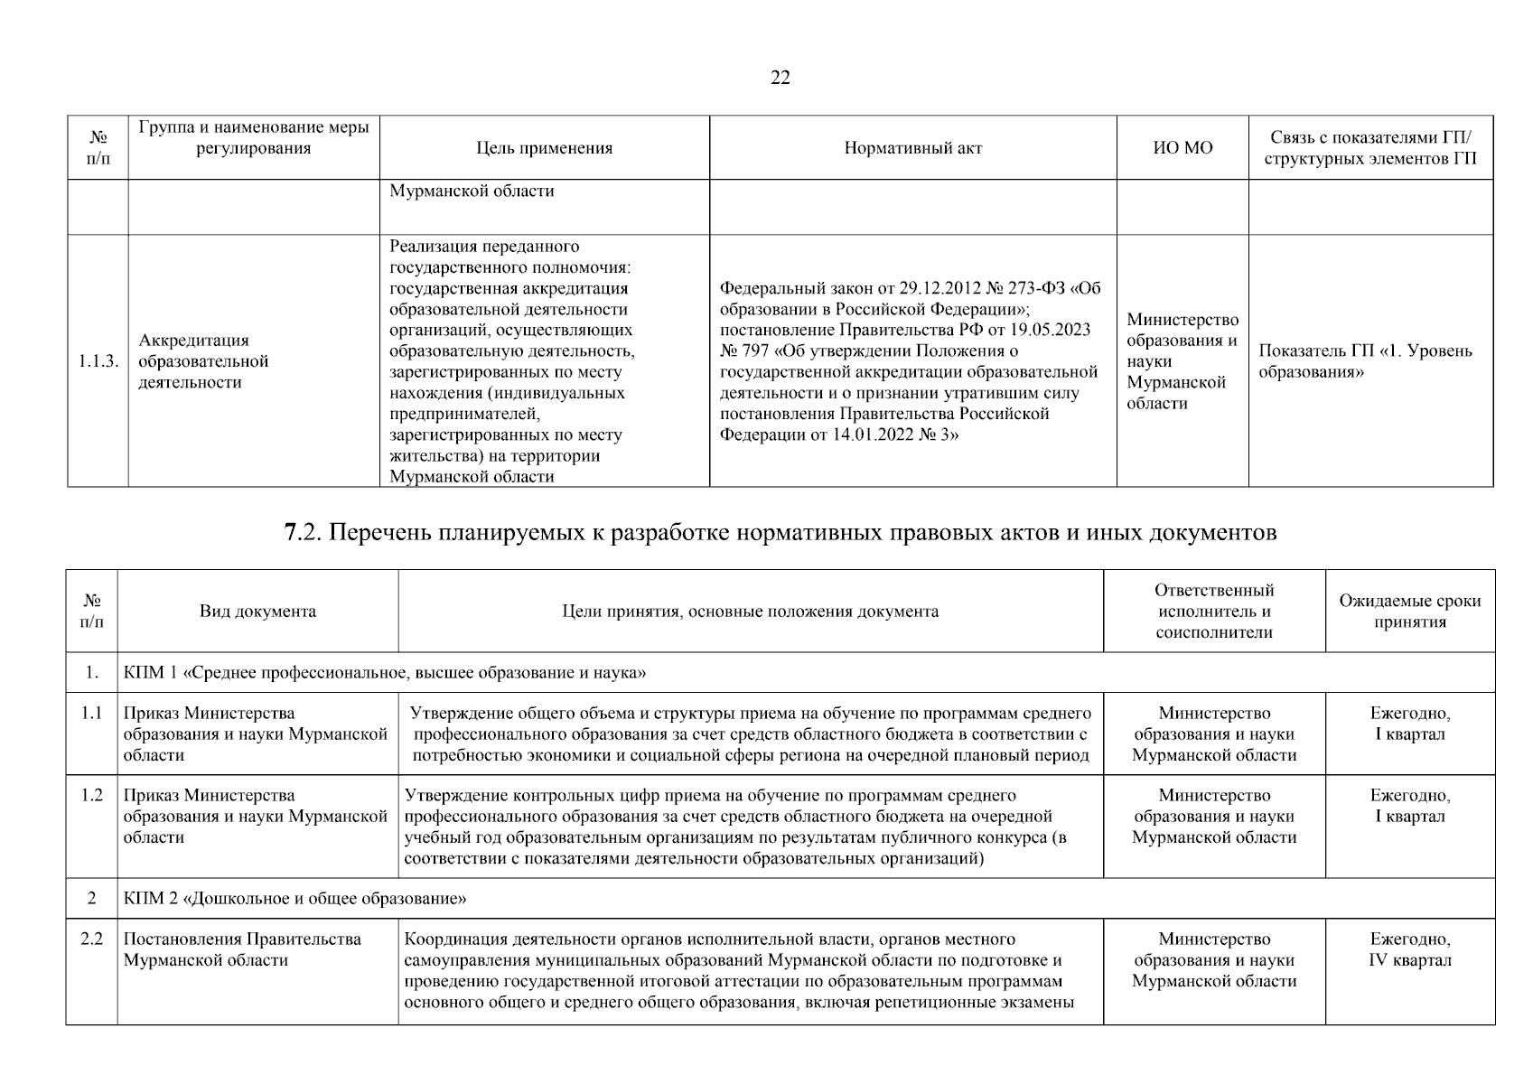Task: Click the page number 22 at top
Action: [781, 79]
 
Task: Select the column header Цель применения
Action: [544, 148]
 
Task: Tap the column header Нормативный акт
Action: [912, 148]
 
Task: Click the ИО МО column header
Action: [1182, 148]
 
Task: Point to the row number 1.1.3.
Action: [98, 361]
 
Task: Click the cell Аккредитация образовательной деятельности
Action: [204, 361]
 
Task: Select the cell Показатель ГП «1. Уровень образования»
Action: [1364, 361]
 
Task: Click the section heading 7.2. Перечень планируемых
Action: [781, 533]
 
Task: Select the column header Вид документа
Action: [257, 612]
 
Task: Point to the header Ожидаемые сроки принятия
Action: [1409, 612]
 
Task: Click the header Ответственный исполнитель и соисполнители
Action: [1213, 612]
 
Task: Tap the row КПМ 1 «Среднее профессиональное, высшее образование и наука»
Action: [385, 673]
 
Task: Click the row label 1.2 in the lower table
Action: [91, 796]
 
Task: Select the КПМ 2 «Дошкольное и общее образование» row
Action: [295, 899]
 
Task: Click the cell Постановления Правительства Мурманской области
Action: [242, 949]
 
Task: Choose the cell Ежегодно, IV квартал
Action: [1409, 949]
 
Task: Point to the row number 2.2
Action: [91, 939]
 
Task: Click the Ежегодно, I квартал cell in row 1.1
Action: [1409, 724]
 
